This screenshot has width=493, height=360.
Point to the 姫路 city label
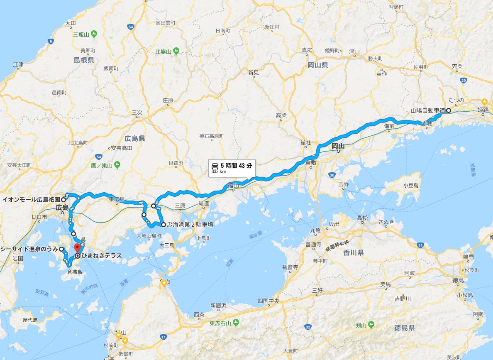click(x=483, y=110)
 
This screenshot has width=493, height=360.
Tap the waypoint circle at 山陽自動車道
click(x=448, y=110)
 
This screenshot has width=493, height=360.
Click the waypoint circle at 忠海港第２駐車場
click(x=164, y=225)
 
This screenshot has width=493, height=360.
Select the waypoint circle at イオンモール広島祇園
click(x=63, y=199)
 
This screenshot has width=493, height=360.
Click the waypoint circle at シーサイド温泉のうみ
click(x=61, y=249)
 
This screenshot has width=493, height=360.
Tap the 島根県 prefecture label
click(x=84, y=60)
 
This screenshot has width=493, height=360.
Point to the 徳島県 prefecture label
click(x=405, y=328)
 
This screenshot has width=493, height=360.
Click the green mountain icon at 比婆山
click(x=176, y=51)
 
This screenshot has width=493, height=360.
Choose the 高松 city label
click(x=362, y=218)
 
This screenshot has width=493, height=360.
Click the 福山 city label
click(x=233, y=187)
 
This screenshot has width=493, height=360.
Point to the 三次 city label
click(x=137, y=112)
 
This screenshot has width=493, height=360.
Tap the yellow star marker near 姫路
click(x=484, y=101)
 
